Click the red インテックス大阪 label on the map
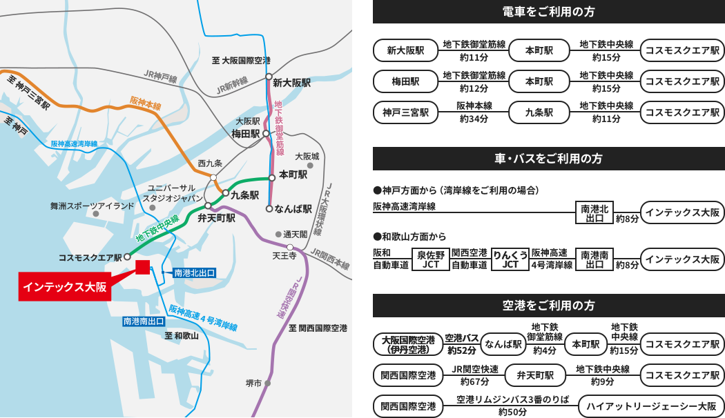65,286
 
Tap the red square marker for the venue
143,268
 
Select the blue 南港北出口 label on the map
194,273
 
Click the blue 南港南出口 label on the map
144,321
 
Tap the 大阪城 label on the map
307,157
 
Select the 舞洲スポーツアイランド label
92,206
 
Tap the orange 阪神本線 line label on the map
145,104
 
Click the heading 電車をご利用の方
549,12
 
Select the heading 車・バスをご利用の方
549,159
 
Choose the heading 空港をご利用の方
549,306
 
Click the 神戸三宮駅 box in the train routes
405,112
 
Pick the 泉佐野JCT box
431,259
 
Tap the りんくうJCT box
510,259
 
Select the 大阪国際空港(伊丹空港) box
408,344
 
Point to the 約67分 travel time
475,381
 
